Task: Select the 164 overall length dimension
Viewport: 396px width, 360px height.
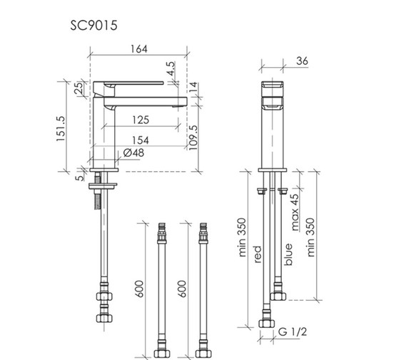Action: [139, 49]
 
